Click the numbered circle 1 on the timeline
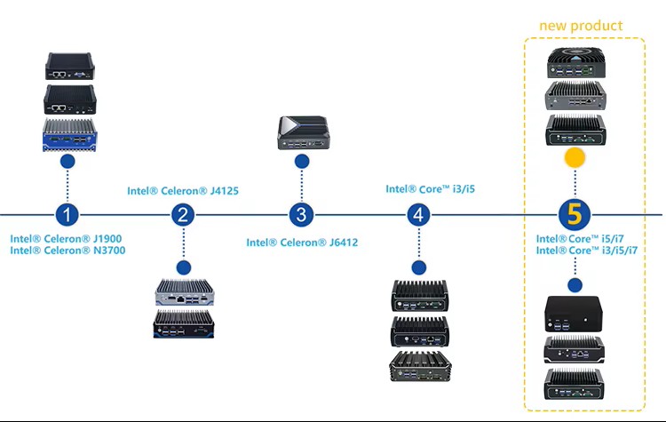coord(67,214)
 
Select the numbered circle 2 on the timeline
coord(184,214)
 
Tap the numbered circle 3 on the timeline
coord(302,214)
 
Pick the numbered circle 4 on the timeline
coord(419,214)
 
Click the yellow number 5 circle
coord(575,214)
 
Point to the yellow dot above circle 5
coord(575,159)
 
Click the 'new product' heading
coord(581,26)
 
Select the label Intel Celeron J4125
coord(183,190)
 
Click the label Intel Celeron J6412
coord(302,243)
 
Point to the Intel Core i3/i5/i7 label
coord(587,251)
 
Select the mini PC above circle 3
coord(302,131)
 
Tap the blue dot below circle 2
coord(184,267)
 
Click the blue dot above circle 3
coord(302,162)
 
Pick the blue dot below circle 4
coord(419,267)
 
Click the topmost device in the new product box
coord(575,60)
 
